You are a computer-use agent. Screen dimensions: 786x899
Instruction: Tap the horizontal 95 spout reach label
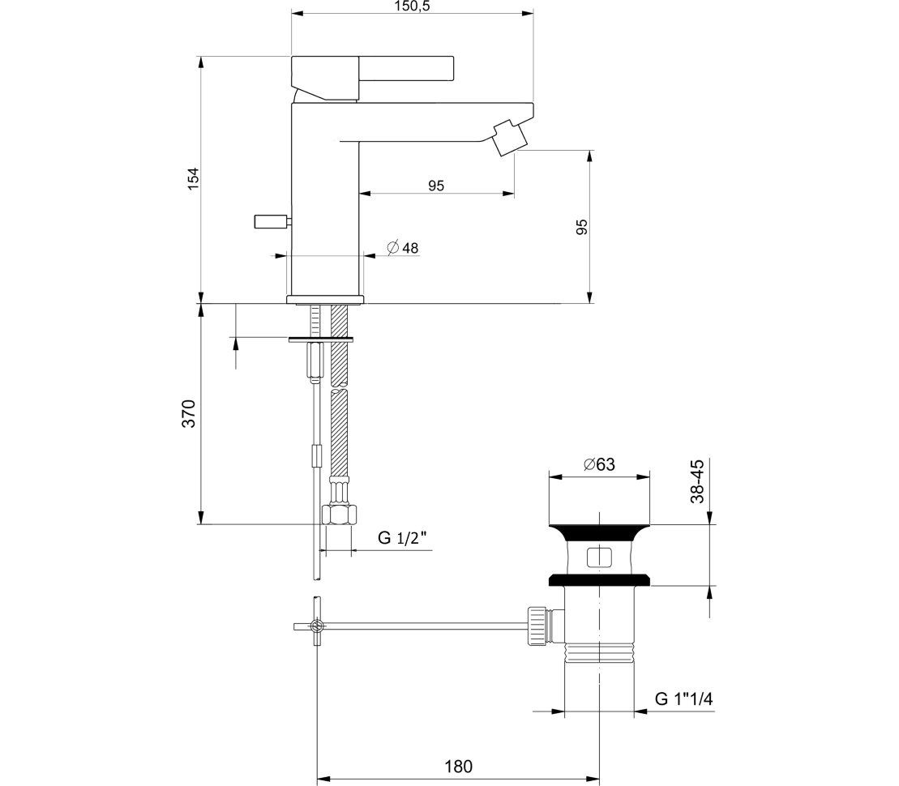pyautogui.click(x=436, y=186)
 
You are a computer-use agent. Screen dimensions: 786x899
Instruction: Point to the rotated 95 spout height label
pyautogui.click(x=581, y=227)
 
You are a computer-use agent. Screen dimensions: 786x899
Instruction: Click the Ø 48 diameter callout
pyautogui.click(x=403, y=248)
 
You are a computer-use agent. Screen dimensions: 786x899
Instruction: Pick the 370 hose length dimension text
pyautogui.click(x=189, y=413)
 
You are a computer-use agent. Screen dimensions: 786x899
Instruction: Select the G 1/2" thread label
pyautogui.click(x=402, y=538)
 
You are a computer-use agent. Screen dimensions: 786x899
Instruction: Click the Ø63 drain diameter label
pyautogui.click(x=600, y=464)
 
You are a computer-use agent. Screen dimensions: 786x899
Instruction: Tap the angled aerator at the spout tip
pyautogui.click(x=508, y=136)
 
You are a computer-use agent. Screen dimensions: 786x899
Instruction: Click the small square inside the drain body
pyautogui.click(x=599, y=557)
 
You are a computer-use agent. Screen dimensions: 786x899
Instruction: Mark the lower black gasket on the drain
pyautogui.click(x=600, y=579)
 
